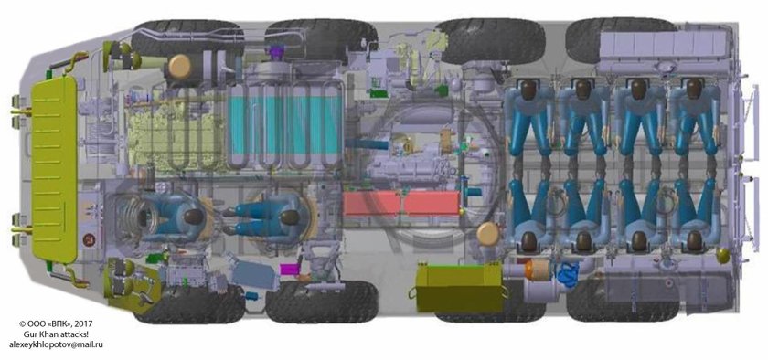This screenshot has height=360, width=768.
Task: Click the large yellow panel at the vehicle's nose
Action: point(54,169)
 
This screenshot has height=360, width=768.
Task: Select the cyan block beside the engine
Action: point(285,124)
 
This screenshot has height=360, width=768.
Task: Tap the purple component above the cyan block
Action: point(277,51)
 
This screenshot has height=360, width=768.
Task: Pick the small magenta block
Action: point(289,269)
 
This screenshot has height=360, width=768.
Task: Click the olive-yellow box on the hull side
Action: point(459,288)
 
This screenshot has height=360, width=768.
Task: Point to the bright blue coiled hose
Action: point(568,273)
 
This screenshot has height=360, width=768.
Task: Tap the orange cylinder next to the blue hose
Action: point(538,269)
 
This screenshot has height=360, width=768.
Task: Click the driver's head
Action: point(194,216)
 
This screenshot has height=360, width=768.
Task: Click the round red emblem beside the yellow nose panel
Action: point(90,239)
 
